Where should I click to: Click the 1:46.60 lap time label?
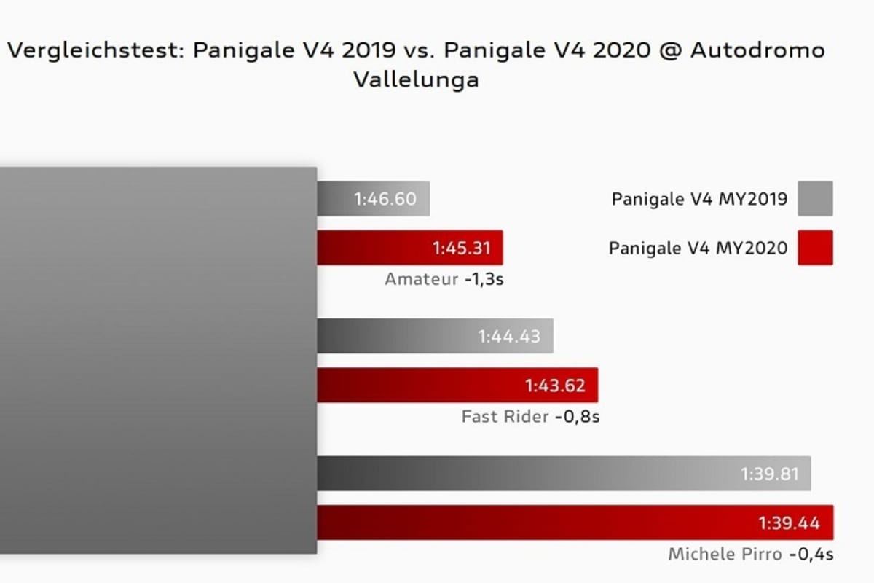(x=385, y=199)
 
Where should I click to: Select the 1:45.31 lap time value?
(x=462, y=249)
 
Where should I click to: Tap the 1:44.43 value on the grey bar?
(x=509, y=337)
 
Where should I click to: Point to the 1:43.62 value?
(x=555, y=386)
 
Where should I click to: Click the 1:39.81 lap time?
(x=770, y=474)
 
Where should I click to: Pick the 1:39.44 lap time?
(x=789, y=523)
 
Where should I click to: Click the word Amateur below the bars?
(x=422, y=279)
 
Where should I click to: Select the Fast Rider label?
(x=505, y=418)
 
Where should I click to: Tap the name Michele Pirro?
(x=725, y=555)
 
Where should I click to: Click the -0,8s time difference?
(x=577, y=418)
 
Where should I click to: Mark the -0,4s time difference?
(x=811, y=555)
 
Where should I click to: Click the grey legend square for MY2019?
(x=815, y=199)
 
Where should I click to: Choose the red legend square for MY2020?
(x=815, y=248)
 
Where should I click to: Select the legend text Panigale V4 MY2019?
(x=699, y=199)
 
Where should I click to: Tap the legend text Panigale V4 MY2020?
(x=698, y=248)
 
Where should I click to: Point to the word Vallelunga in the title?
(x=416, y=79)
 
